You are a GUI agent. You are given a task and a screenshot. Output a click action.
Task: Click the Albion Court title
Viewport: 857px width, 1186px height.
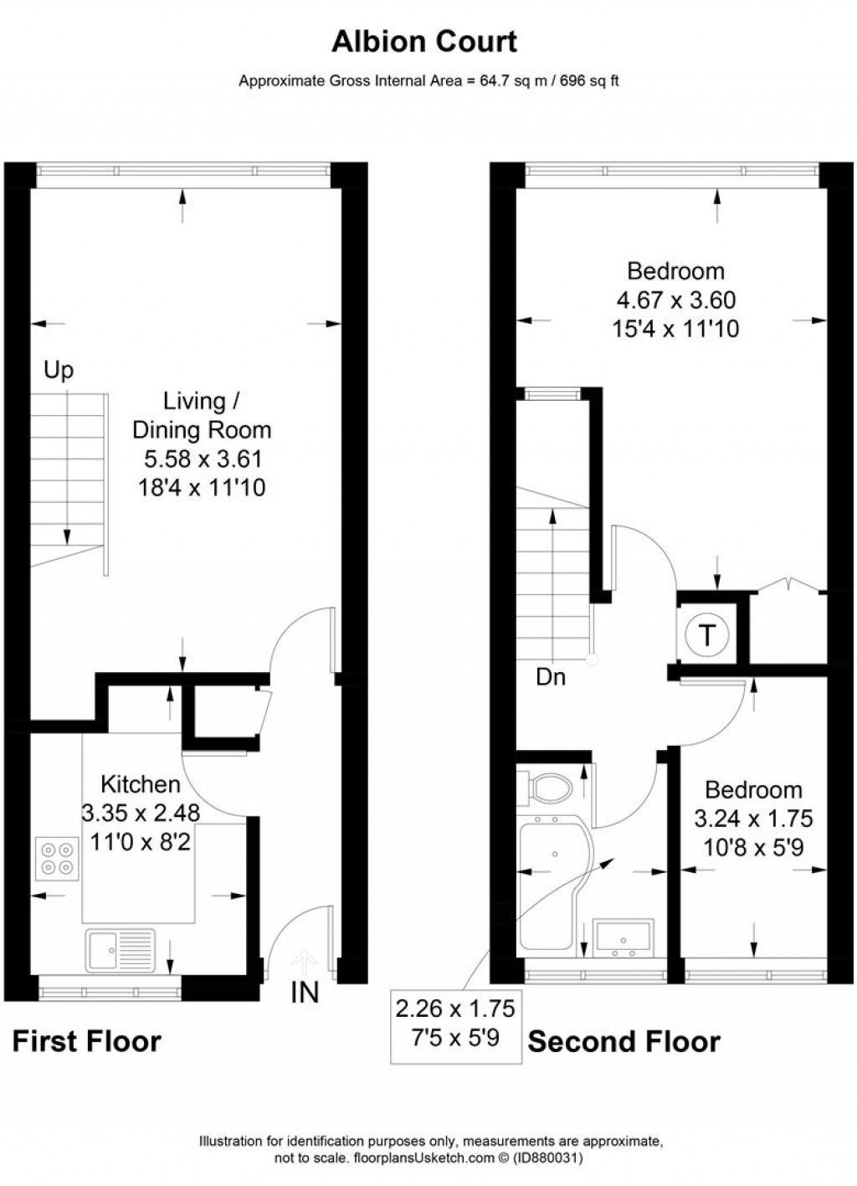coord(424,41)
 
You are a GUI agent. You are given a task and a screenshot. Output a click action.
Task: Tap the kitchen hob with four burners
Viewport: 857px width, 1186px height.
coord(55,857)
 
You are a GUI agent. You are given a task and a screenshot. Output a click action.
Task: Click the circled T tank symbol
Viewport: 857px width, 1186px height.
coord(707,635)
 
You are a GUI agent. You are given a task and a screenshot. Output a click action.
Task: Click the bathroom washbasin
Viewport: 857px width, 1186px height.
coord(623,937)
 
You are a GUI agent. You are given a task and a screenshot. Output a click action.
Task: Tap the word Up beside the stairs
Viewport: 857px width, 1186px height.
coord(59,370)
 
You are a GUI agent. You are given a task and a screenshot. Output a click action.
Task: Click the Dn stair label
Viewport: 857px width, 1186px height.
coord(551,677)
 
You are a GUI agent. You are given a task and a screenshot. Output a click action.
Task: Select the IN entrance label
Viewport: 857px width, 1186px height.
coord(305,993)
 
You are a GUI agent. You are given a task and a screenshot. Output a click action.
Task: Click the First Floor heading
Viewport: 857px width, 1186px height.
coord(87,1041)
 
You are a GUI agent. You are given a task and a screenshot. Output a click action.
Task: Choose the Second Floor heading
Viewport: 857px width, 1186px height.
coord(624,1041)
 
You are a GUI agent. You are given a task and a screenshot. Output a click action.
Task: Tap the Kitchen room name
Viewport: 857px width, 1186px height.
coord(141,784)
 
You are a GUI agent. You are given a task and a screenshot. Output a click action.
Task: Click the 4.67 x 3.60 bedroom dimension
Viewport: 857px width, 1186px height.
coord(675,300)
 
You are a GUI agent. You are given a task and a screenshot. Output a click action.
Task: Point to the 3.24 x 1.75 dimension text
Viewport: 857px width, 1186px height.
coord(753,819)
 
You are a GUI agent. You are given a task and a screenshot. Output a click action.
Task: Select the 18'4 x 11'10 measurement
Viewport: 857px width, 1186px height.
coord(202,487)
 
